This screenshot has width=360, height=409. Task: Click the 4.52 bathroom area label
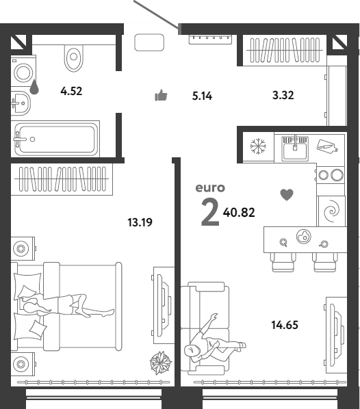tap(71, 91)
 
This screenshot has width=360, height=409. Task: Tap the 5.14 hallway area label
tap(202, 96)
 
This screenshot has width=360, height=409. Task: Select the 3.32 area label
tap(283, 95)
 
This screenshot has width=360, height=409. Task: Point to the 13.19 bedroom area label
tap(140, 222)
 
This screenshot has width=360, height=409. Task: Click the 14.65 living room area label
tap(285, 325)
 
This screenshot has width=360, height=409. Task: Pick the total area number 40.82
tap(239, 213)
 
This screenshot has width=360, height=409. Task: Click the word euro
tap(210, 188)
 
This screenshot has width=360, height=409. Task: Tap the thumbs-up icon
tap(161, 95)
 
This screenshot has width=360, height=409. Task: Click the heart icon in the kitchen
tap(287, 195)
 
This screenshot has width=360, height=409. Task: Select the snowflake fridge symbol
tap(258, 146)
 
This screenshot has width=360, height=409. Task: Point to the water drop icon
tap(34, 87)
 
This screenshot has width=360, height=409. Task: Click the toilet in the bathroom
tap(74, 58)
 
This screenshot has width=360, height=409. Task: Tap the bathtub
tap(57, 139)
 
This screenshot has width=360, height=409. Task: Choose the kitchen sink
tap(295, 148)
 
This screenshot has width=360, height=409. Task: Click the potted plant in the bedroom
tap(161, 362)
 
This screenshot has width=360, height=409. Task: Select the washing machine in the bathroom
tap(23, 72)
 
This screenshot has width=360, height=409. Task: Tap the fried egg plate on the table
tap(304, 237)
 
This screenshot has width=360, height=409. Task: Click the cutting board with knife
tap(327, 146)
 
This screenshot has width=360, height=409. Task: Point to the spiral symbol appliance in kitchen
tap(331, 211)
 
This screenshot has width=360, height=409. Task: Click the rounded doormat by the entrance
tap(149, 42)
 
